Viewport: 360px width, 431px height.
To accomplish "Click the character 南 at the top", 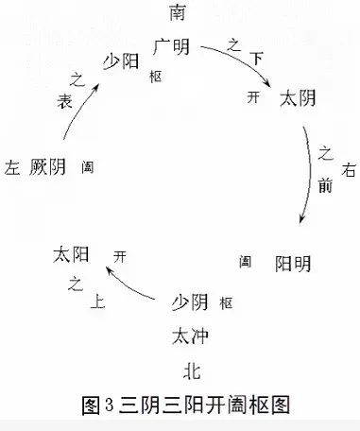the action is [x=180, y=12].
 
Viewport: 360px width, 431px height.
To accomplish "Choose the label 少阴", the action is [x=189, y=302].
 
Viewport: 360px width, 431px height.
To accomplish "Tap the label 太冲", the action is [x=189, y=336].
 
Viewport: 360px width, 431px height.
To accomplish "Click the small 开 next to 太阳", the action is [x=118, y=255].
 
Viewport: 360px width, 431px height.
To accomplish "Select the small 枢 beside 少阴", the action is [x=226, y=304].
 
